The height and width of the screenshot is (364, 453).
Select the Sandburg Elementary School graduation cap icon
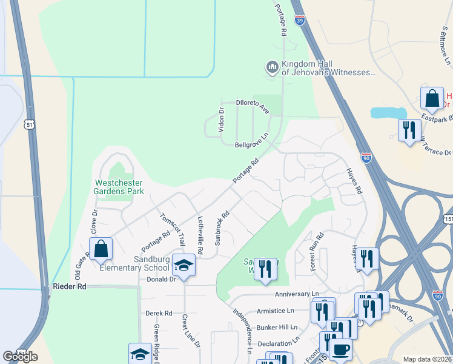[184, 265]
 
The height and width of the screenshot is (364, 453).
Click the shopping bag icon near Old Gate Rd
[101, 248]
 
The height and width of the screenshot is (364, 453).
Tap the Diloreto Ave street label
[253, 107]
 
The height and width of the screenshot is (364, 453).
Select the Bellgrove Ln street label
[251, 141]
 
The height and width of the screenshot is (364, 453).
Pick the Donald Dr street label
[161, 280]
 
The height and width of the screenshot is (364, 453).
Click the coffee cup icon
[340, 349]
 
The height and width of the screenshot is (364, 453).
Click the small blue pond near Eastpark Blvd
[388, 113]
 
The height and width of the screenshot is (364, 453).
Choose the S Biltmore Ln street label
[446, 45]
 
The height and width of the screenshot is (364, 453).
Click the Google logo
[20, 356]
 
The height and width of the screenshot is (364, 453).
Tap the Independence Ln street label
[243, 331]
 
